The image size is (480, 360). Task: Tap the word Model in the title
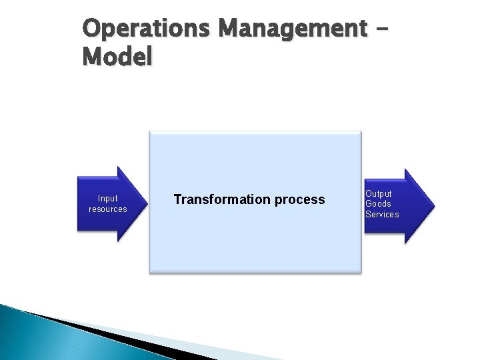click(117, 57)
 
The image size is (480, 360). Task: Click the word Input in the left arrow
click(107, 198)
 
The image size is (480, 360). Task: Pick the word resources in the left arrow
click(107, 209)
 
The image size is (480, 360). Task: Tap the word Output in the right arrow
click(378, 193)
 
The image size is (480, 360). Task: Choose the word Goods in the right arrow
click(378, 204)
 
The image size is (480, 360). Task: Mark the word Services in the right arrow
click(382, 215)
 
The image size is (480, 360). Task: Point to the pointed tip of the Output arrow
click(434, 205)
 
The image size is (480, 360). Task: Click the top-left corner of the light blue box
click(149, 132)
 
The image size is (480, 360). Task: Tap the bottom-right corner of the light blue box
click(361, 271)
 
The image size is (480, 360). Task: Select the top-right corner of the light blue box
click(361, 132)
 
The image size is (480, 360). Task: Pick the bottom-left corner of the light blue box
click(149, 271)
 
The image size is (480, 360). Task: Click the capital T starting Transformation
click(177, 199)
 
